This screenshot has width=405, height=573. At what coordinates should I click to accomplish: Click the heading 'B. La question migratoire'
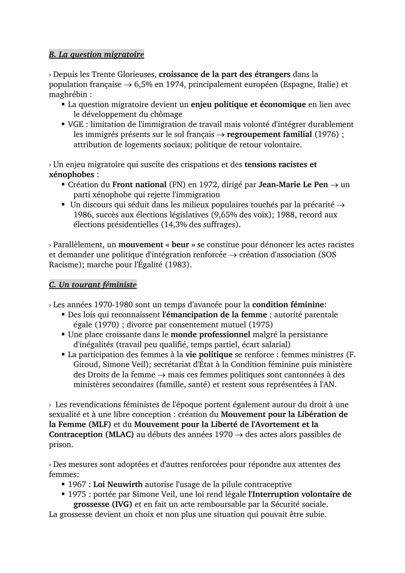96,54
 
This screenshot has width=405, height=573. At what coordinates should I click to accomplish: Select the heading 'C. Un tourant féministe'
93,285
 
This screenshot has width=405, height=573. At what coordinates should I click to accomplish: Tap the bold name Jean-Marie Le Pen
293,185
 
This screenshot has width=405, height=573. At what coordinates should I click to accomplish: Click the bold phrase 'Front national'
139,185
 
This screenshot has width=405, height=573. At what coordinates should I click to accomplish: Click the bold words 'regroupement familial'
269,134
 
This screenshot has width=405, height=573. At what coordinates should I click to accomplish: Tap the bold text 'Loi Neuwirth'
118,484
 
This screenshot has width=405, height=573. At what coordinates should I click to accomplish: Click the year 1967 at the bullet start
77,484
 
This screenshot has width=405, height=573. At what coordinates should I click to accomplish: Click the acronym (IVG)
122,504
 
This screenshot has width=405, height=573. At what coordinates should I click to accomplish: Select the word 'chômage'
166,114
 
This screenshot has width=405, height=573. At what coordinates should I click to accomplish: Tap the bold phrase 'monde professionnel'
210,334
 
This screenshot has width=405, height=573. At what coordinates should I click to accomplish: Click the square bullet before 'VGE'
63,124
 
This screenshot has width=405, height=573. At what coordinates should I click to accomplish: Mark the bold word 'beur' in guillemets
180,245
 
